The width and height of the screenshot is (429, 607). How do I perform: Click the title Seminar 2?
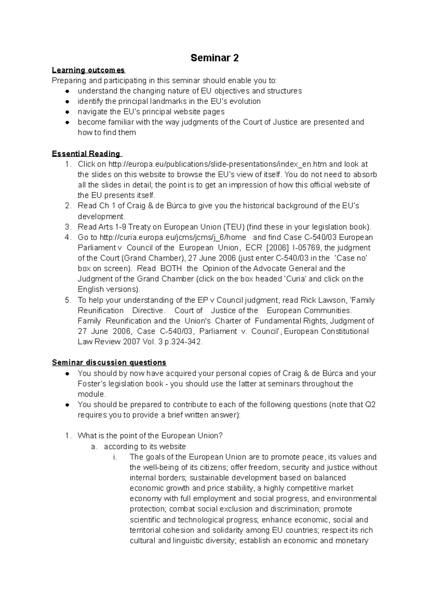214,58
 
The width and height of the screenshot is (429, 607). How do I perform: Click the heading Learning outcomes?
88,70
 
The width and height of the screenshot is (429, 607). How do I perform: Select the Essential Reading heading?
86,154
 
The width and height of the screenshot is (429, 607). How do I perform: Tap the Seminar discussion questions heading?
109,362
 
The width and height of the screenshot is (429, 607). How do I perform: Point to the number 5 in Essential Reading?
68,300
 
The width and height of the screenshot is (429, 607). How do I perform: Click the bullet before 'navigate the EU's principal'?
67,112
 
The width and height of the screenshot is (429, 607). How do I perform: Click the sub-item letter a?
94,446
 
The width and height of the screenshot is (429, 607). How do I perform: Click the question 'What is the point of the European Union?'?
150,436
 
